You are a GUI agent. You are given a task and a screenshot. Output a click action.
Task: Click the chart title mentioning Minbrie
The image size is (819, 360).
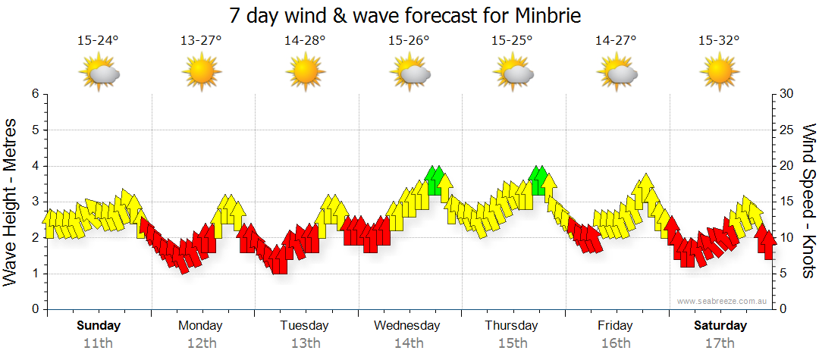pyautogui.click(x=410, y=15)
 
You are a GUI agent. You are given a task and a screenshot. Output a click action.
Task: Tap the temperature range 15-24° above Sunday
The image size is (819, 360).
pyautogui.click(x=98, y=41)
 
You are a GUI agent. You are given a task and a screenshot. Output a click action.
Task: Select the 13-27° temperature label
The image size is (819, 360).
pyautogui.click(x=201, y=41)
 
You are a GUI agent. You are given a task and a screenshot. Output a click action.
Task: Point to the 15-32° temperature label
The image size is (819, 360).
pyautogui.click(x=719, y=41)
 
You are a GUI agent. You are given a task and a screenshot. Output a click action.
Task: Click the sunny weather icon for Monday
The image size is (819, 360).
pyautogui.click(x=201, y=73)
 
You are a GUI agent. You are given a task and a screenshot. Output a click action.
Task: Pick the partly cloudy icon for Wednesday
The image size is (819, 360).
pyautogui.click(x=410, y=73)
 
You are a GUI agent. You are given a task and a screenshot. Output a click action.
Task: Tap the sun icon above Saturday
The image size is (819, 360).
pyautogui.click(x=719, y=73)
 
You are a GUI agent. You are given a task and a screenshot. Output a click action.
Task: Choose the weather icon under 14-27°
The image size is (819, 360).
pyautogui.click(x=617, y=73)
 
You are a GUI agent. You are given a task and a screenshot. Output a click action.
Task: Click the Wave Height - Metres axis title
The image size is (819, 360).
pyautogui.click(x=11, y=202)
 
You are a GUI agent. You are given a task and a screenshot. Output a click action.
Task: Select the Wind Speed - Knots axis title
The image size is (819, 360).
pyautogui.click(x=808, y=202)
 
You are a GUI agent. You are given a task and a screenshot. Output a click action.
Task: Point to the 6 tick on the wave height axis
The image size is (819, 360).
pyautogui.click(x=34, y=94)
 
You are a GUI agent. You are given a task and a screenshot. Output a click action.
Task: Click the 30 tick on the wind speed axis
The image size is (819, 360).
pyautogui.click(x=786, y=94)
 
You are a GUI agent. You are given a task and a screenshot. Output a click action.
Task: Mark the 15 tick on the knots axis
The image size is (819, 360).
pyautogui.click(x=786, y=202)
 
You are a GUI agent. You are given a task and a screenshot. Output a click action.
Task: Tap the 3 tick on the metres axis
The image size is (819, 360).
pyautogui.click(x=34, y=202)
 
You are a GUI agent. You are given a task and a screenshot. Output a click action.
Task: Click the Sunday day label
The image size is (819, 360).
pyautogui.click(x=99, y=326)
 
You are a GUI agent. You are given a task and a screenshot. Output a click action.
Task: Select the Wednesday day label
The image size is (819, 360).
pyautogui.click(x=407, y=326)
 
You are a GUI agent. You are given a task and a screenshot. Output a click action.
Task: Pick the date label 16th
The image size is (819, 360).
pyautogui.click(x=616, y=343)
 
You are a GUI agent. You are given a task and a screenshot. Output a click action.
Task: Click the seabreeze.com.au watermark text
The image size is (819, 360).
pyautogui.click(x=719, y=301)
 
